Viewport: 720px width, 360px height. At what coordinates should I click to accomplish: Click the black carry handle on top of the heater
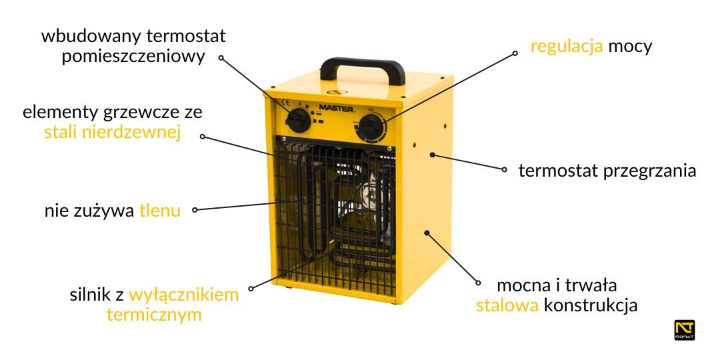(x=362, y=65)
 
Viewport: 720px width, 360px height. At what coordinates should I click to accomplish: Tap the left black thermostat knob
(x=299, y=121)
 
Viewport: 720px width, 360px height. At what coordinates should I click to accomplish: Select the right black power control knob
(x=371, y=127)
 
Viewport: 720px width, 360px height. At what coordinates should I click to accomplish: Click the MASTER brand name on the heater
(x=336, y=105)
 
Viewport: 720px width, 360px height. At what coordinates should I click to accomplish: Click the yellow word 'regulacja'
(x=567, y=47)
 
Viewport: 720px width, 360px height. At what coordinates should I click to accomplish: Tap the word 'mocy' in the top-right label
(x=630, y=47)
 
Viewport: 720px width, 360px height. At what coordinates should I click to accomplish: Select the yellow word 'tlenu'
(x=160, y=211)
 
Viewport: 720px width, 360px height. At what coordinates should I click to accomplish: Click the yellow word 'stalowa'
(x=507, y=306)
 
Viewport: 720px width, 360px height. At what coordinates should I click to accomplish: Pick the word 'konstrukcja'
(x=591, y=306)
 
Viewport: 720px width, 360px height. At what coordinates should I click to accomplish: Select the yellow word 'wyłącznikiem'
(x=184, y=295)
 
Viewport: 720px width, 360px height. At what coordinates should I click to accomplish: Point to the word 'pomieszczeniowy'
(x=133, y=56)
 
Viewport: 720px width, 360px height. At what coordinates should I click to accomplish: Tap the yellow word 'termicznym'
(x=154, y=315)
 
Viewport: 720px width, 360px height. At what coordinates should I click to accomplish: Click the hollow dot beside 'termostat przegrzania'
(x=504, y=170)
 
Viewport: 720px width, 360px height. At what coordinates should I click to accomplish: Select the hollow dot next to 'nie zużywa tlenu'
(x=195, y=210)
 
